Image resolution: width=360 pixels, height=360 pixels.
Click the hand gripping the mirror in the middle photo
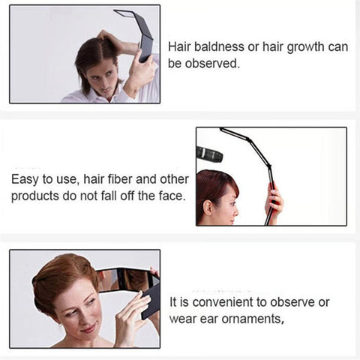(x=274, y=198)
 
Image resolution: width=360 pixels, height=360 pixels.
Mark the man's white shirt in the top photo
(x=82, y=96)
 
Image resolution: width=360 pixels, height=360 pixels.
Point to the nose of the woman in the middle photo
(x=237, y=205)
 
